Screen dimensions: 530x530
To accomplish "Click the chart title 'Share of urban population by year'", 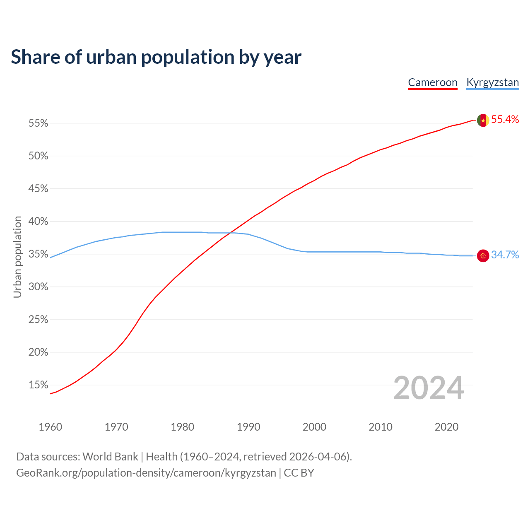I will pyautogui.click(x=156, y=57).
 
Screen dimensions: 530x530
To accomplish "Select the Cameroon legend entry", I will pyautogui.click(x=433, y=82).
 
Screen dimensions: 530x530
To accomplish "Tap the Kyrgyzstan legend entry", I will pyautogui.click(x=492, y=82).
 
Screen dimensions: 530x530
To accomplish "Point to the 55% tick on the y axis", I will pyautogui.click(x=39, y=123).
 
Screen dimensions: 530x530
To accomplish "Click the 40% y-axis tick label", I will pyautogui.click(x=39, y=222).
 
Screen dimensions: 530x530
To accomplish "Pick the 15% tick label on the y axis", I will pyautogui.click(x=39, y=385).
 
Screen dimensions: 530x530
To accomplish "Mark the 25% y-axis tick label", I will pyautogui.click(x=39, y=320).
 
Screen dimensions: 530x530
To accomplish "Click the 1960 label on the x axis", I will pyautogui.click(x=50, y=427).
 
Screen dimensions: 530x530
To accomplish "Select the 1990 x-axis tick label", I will pyautogui.click(x=248, y=427).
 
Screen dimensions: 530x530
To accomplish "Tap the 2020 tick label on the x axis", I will pyautogui.click(x=446, y=427).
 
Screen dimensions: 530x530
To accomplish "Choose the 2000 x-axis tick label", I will pyautogui.click(x=314, y=427).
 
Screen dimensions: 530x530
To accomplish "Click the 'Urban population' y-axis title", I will pyautogui.click(x=17, y=257).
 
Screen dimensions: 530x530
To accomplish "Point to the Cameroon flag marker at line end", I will pyautogui.click(x=483, y=120).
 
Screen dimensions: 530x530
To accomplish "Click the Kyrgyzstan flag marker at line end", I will pyautogui.click(x=483, y=256).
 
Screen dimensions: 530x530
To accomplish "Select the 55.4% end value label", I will pyautogui.click(x=505, y=120).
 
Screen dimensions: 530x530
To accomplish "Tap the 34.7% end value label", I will pyautogui.click(x=505, y=255).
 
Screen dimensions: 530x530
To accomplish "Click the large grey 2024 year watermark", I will pyautogui.click(x=429, y=388).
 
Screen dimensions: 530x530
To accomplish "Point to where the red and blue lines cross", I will pyautogui.click(x=231, y=233).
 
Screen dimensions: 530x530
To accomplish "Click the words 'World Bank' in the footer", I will pyautogui.click(x=110, y=457).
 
